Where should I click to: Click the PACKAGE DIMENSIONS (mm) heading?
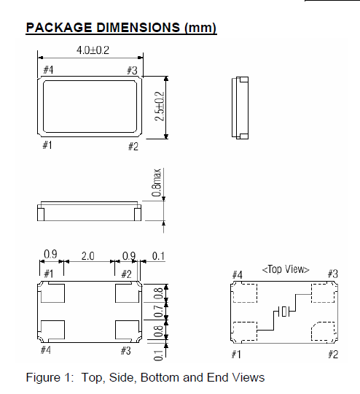[121, 28]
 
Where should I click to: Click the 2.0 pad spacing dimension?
[87, 255]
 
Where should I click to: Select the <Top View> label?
[285, 269]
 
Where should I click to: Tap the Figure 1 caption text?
[145, 377]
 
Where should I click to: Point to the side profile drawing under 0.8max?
[89, 212]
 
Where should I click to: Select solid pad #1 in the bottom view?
[53, 294]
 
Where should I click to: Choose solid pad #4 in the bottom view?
[53, 330]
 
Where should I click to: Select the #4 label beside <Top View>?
[237, 274]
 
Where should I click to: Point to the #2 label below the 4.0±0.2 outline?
[133, 147]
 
